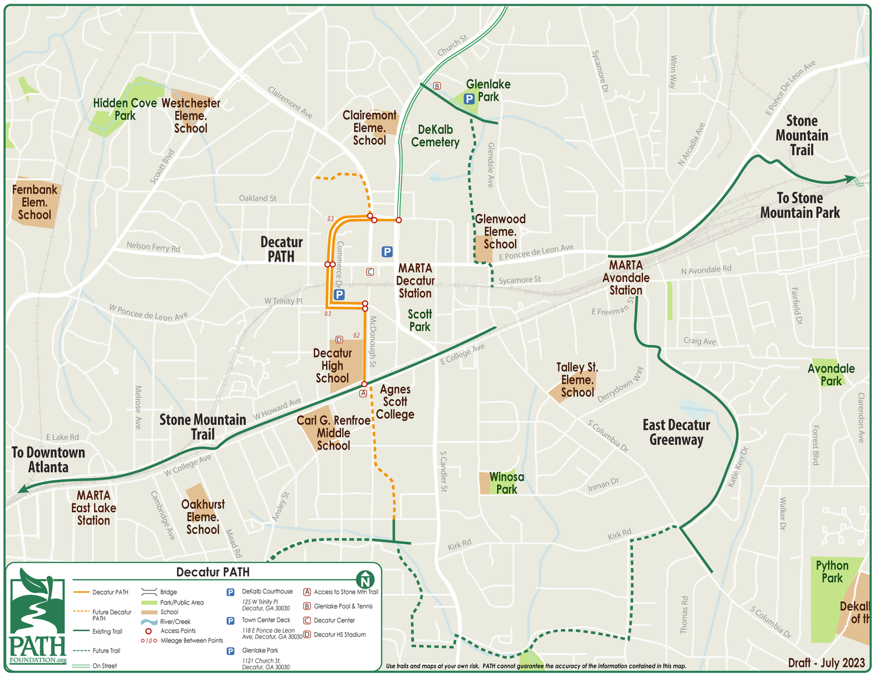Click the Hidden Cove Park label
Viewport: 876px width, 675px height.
point(124,109)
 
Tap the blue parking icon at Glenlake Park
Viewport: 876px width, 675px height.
point(469,99)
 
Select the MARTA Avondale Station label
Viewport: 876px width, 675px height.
point(625,277)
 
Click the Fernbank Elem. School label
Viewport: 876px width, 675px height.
point(35,202)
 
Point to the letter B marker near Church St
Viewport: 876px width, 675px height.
point(437,86)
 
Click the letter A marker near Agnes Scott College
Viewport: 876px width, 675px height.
point(363,394)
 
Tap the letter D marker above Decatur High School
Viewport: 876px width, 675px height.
point(339,340)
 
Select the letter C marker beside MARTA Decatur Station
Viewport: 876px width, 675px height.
point(370,272)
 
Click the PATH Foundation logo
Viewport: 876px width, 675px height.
point(37,617)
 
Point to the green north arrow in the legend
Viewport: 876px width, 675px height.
point(365,579)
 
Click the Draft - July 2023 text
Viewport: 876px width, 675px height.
point(826,662)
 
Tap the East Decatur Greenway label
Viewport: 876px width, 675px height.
point(676,432)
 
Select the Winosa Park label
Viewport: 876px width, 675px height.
point(506,483)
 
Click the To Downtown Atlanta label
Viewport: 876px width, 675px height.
point(48,460)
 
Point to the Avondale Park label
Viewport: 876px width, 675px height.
point(830,375)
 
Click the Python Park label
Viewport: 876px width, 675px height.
point(832,572)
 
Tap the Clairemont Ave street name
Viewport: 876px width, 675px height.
point(290,102)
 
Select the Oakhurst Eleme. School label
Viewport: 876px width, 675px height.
point(203,517)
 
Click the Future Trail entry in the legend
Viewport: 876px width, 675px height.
point(106,650)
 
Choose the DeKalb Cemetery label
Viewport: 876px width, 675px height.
point(435,135)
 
